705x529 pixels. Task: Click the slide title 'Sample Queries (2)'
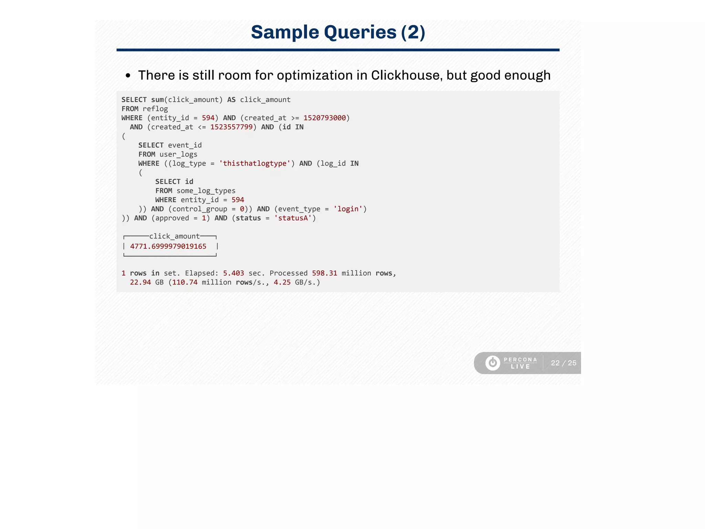pyautogui.click(x=338, y=32)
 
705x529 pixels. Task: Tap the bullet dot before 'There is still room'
pyautogui.click(x=128, y=76)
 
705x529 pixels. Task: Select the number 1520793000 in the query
pyautogui.click(x=324, y=118)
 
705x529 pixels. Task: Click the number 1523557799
pyautogui.click(x=231, y=127)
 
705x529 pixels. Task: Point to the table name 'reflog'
pyautogui.click(x=155, y=109)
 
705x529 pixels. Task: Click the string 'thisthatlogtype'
pyautogui.click(x=255, y=164)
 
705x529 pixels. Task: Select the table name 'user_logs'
pyautogui.click(x=178, y=155)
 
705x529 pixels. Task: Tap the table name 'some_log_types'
pyautogui.click(x=206, y=191)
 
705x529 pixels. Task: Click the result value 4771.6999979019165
pyautogui.click(x=168, y=247)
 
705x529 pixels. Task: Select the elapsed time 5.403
pyautogui.click(x=233, y=273)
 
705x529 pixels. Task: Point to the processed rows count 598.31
pyautogui.click(x=324, y=273)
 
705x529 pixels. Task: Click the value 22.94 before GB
pyautogui.click(x=140, y=282)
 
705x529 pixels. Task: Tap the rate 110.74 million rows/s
pyautogui.click(x=185, y=282)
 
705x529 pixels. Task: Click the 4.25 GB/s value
pyautogui.click(x=282, y=282)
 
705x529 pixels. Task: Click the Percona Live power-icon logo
pyautogui.click(x=493, y=363)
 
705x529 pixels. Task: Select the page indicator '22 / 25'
pyautogui.click(x=564, y=363)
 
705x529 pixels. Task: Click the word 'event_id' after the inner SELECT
pyautogui.click(x=185, y=145)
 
